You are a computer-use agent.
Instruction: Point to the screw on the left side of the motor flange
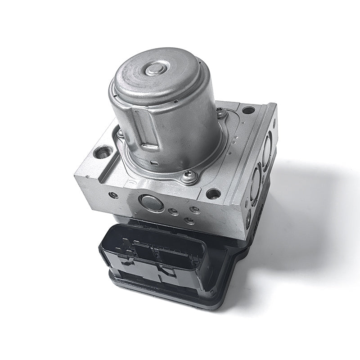(x=120, y=133)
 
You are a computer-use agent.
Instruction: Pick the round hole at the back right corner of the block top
(x=248, y=109)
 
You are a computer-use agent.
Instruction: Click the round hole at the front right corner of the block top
(x=213, y=194)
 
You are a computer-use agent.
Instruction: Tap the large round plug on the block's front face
(x=152, y=203)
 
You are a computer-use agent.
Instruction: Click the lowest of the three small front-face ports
(x=190, y=220)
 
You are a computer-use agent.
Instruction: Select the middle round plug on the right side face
(x=256, y=182)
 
